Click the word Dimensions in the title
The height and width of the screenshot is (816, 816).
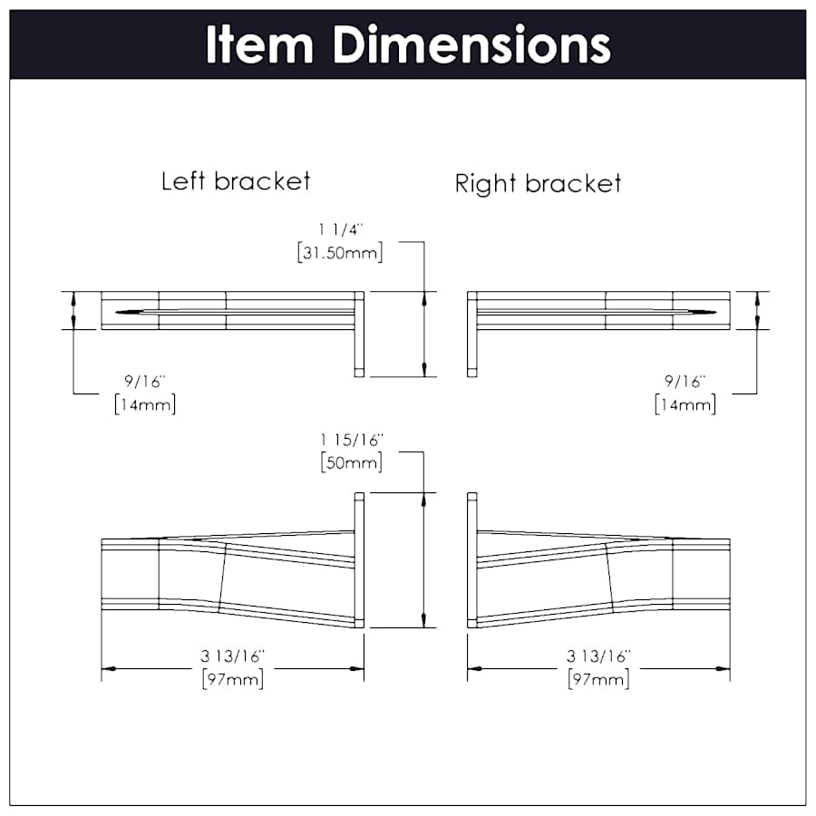(471, 44)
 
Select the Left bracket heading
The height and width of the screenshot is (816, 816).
(236, 180)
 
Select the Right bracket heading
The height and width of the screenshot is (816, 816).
(538, 184)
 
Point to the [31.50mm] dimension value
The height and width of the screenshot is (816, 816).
(340, 253)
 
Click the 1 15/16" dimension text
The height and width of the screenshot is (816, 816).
(351, 440)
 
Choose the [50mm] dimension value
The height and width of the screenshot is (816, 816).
(351, 461)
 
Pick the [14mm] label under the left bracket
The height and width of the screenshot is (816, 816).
(145, 403)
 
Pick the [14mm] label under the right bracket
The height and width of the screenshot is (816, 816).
(685, 403)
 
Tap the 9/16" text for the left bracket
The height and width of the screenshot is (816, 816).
(145, 382)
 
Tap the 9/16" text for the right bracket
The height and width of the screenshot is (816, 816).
(685, 382)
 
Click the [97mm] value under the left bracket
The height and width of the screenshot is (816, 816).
(233, 678)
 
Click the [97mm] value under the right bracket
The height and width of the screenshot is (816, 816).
(598, 678)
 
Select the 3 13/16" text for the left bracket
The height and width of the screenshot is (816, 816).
(233, 656)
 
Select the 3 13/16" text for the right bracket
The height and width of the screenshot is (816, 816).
(598, 656)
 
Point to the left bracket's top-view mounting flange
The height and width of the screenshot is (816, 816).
(359, 334)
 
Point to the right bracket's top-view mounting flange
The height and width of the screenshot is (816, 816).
(471, 334)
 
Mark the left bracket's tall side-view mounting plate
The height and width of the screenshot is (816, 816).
(359, 559)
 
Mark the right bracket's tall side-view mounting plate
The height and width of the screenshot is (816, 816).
(471, 559)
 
